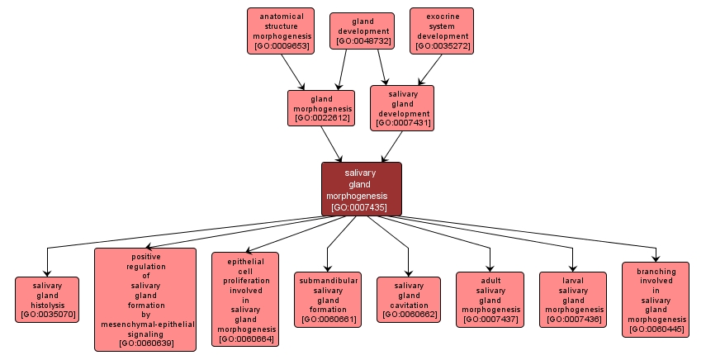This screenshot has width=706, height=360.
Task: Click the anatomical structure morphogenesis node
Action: coord(281,31)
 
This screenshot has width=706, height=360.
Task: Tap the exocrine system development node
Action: coord(442,31)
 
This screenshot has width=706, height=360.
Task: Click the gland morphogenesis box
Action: coord(321,108)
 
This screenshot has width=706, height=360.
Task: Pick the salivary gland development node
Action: coord(402,107)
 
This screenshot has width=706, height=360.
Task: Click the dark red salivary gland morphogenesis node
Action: coord(362,189)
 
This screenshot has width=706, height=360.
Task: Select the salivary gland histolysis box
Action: coord(47,299)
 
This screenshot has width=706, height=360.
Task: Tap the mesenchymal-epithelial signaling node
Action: coord(145,299)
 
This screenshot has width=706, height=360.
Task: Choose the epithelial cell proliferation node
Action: coord(245,299)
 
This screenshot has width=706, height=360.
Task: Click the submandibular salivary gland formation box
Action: coord(327,299)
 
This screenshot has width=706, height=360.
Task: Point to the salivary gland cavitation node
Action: coord(409,299)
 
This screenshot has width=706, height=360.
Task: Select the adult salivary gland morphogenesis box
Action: coord(490,299)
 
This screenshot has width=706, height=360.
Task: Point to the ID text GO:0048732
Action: coord(360,41)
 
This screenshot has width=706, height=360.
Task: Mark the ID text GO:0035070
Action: coord(48,315)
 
